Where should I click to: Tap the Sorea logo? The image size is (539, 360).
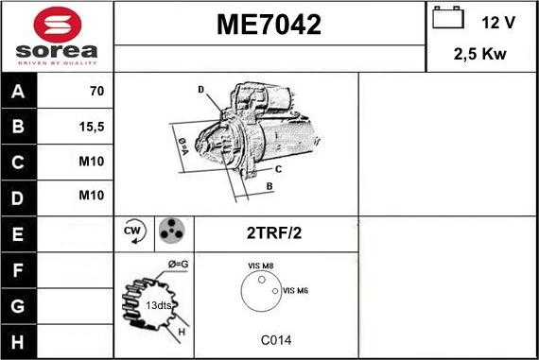[x=57, y=37]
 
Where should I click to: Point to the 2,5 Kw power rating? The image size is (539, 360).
[x=481, y=55]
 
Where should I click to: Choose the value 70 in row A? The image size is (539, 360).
[x=96, y=93]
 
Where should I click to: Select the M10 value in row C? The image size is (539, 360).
[x=92, y=162]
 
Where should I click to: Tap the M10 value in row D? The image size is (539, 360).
[x=92, y=196]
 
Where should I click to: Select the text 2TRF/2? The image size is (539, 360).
[x=275, y=231]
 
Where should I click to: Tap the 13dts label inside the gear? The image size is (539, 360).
[x=159, y=305]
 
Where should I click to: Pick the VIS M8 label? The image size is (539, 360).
[x=261, y=266]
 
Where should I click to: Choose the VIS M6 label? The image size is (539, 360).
[x=296, y=290]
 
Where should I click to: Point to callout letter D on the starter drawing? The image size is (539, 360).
[x=201, y=89]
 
